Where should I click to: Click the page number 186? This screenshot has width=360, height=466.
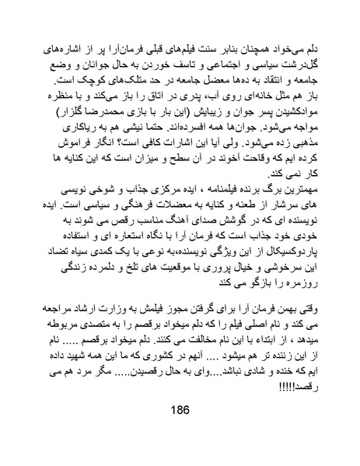pos(180,434)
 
